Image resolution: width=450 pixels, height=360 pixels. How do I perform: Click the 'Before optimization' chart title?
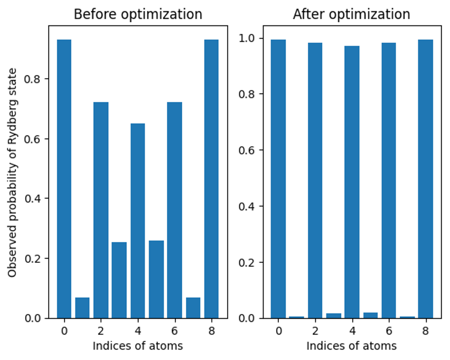click(137, 14)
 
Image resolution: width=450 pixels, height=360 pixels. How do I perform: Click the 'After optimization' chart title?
click(351, 14)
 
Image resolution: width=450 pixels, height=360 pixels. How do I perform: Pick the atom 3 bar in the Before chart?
click(119, 280)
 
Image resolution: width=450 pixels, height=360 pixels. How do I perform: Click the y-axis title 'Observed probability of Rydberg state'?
click(13, 172)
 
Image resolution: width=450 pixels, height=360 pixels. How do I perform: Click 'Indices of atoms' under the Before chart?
click(137, 346)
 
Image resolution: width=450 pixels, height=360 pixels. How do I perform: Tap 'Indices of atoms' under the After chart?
click(351, 346)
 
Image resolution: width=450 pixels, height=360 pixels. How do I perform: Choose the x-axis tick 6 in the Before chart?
click(174, 330)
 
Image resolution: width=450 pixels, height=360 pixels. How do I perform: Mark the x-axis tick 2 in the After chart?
click(315, 330)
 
